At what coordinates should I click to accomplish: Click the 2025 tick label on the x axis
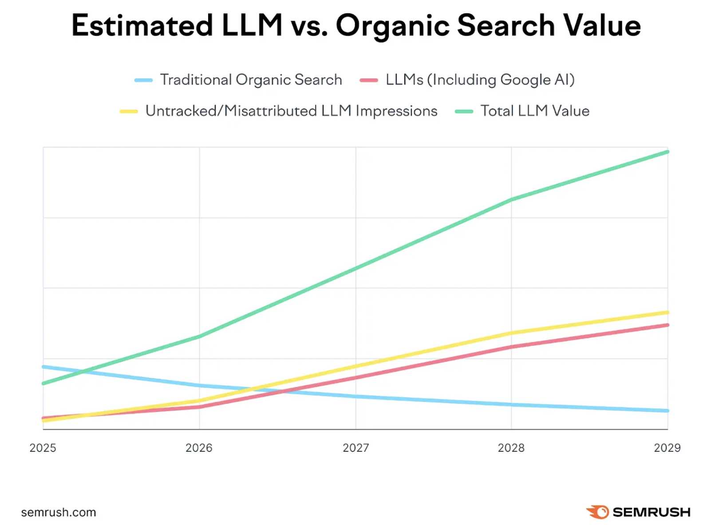[43, 448]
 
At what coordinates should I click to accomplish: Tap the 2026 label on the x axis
[199, 448]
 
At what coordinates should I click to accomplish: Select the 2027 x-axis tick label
[355, 448]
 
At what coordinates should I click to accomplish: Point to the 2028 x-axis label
[511, 448]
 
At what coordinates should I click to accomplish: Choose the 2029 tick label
[667, 448]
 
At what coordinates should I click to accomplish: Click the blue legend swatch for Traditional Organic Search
[144, 80]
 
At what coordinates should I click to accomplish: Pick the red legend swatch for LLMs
[369, 80]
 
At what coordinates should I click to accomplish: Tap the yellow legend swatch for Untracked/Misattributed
[129, 111]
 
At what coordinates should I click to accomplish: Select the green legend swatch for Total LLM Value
[464, 111]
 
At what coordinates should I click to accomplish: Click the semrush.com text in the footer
[59, 512]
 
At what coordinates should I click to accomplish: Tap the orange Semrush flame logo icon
[597, 512]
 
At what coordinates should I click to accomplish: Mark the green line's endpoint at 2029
[668, 152]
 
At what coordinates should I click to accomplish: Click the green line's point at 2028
[511, 200]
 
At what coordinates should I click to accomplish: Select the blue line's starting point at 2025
[43, 367]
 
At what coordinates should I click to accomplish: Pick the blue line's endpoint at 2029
[668, 411]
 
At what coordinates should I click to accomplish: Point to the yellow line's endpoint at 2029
[668, 312]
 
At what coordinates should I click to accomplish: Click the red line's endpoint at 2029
[668, 325]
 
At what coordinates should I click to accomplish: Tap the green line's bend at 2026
[199, 336]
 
